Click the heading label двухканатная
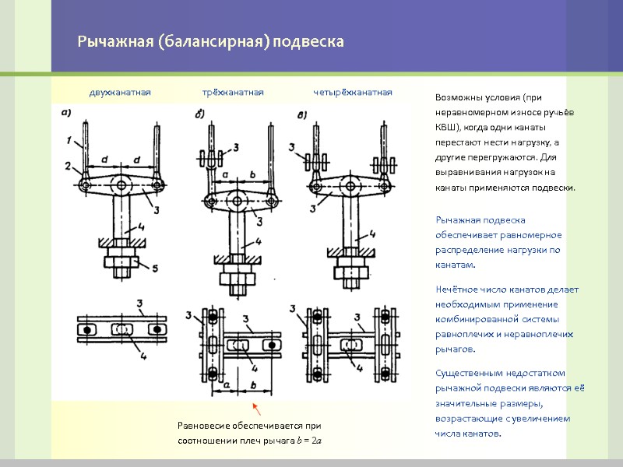pos(120,93)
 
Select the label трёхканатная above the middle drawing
pos(233,93)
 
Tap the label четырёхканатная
pos(353,93)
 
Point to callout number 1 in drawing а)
pos(69,141)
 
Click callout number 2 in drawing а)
pos(69,165)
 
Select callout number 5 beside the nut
pos(155,269)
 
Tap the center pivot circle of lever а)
pos(121,185)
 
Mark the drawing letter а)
pos(66,112)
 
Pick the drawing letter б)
pos(200,115)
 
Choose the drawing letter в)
pos(302,115)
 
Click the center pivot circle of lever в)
pos(349,185)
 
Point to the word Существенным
pos(468,373)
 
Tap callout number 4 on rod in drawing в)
pos(372,233)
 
